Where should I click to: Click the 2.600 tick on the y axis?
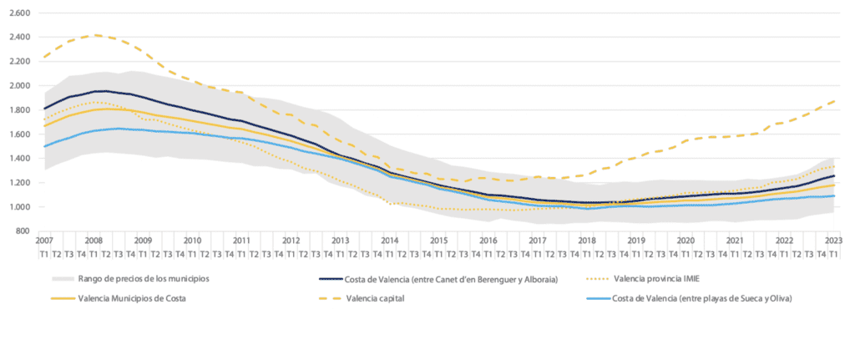(18, 13)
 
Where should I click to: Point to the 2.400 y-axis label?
(18, 38)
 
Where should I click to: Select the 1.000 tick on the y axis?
(18, 207)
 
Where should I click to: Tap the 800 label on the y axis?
(22, 231)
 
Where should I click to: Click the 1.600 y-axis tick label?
(18, 134)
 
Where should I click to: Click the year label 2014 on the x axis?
(388, 240)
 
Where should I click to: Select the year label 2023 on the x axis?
(832, 240)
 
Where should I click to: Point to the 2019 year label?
(635, 240)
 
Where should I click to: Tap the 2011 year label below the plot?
(240, 240)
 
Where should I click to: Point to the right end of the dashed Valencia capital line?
(836, 101)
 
